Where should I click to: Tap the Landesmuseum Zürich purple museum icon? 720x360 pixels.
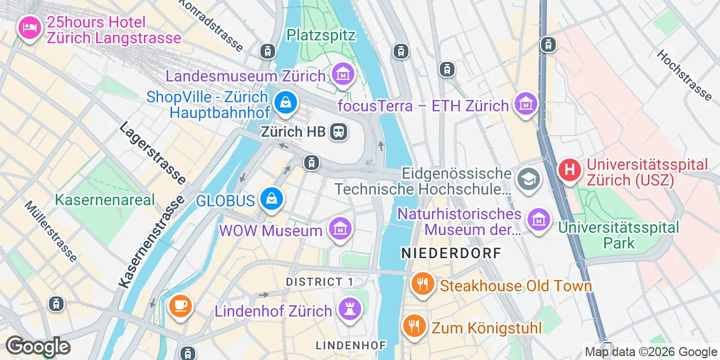pyautogui.click(x=343, y=74)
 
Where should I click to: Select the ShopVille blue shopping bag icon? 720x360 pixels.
pyautogui.click(x=286, y=102)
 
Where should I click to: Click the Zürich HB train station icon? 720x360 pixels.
pyautogui.click(x=339, y=132)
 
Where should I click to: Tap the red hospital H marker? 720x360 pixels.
pyautogui.click(x=570, y=168)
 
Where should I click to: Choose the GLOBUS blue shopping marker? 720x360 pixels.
pyautogui.click(x=272, y=199)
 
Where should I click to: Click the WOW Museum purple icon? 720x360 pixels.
pyautogui.click(x=340, y=229)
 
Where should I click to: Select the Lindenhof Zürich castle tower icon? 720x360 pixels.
pyautogui.click(x=350, y=309)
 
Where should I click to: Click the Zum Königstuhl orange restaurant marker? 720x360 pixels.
pyautogui.click(x=413, y=326)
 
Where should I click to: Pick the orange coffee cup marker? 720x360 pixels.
pyautogui.click(x=180, y=306)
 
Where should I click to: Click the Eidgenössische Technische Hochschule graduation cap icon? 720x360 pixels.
pyautogui.click(x=528, y=179)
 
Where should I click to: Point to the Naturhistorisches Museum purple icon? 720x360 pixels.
pyautogui.click(x=539, y=220)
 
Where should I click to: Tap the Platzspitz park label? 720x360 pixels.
pyautogui.click(x=321, y=35)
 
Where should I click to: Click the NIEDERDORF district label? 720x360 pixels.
pyautogui.click(x=451, y=254)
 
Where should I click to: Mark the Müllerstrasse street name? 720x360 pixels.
pyautogui.click(x=51, y=231)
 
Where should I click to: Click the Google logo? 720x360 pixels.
pyautogui.click(x=38, y=346)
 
